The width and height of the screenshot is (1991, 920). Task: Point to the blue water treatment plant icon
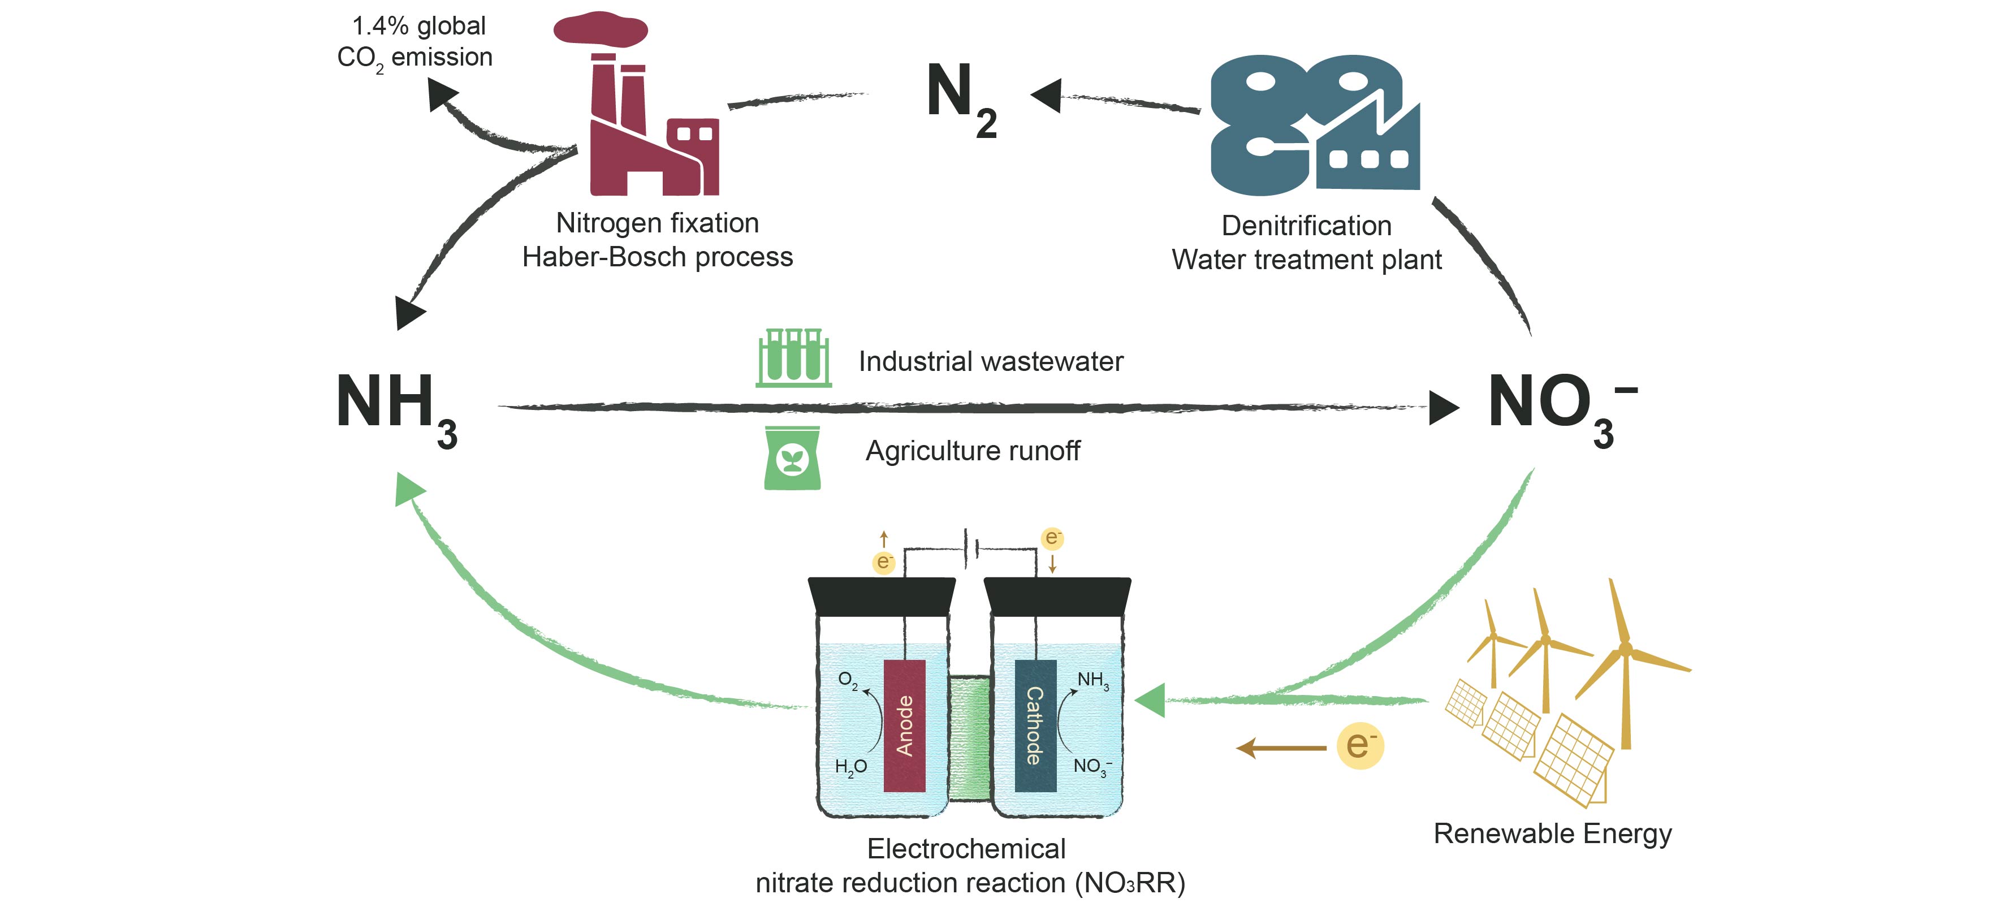click(x=1314, y=124)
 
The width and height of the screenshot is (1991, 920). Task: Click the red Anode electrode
click(x=904, y=725)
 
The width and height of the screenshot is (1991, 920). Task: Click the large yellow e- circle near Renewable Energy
click(x=1359, y=746)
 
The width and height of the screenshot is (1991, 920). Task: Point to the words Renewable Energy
click(x=1552, y=833)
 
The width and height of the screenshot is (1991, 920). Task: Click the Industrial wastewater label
click(x=991, y=361)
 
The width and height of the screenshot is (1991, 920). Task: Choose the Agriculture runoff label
click(x=972, y=451)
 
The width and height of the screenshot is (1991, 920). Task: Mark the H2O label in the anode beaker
click(x=850, y=766)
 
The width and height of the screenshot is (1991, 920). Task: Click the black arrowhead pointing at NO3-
click(x=1442, y=408)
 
